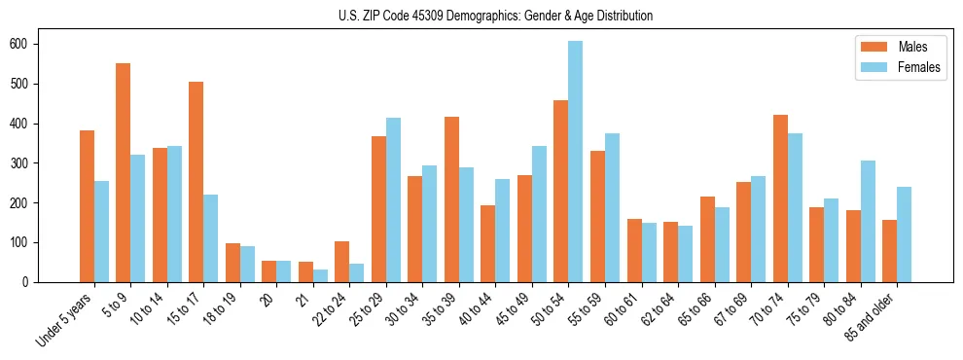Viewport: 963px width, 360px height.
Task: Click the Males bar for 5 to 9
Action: pos(124,172)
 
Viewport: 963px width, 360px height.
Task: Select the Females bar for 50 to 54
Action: pos(576,162)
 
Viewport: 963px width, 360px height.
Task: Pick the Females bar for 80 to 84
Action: pos(868,221)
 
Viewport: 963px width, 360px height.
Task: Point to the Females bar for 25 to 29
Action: pos(393,199)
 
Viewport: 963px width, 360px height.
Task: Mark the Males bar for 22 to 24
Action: pos(342,262)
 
